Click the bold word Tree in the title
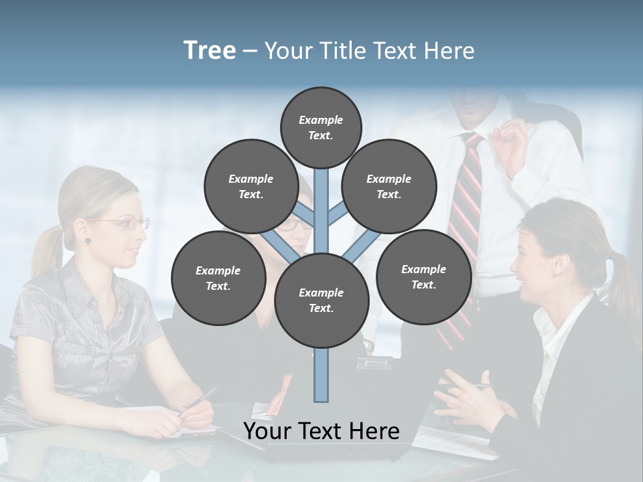[x=210, y=51]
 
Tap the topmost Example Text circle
[x=321, y=127]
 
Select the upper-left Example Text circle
[x=251, y=186]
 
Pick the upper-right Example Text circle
[x=389, y=186]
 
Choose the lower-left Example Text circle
[x=218, y=278]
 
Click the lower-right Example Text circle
[x=423, y=276]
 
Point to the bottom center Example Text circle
[x=321, y=301]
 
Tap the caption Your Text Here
[x=321, y=431]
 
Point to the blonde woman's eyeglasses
[x=127, y=224]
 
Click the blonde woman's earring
[x=87, y=240]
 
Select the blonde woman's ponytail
[x=47, y=254]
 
